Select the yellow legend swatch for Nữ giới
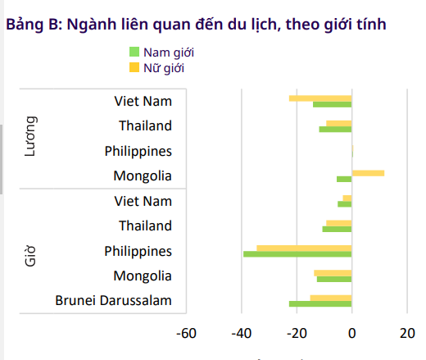tap(135, 67)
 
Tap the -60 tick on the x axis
tap(186, 333)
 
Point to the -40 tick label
tap(241, 333)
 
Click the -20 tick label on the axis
tap(296, 333)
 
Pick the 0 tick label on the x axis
tap(351, 333)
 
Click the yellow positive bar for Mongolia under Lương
tap(368, 173)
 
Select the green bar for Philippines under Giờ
tap(297, 254)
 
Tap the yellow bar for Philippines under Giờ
tap(304, 248)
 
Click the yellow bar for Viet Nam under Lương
tap(320, 98)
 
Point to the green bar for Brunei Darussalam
tap(320, 303)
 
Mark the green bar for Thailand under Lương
tap(335, 129)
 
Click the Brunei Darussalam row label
tap(114, 300)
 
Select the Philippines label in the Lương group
tap(138, 151)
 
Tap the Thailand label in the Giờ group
tap(145, 226)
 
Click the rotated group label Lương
tap(30, 138)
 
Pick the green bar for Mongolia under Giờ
tap(334, 279)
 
